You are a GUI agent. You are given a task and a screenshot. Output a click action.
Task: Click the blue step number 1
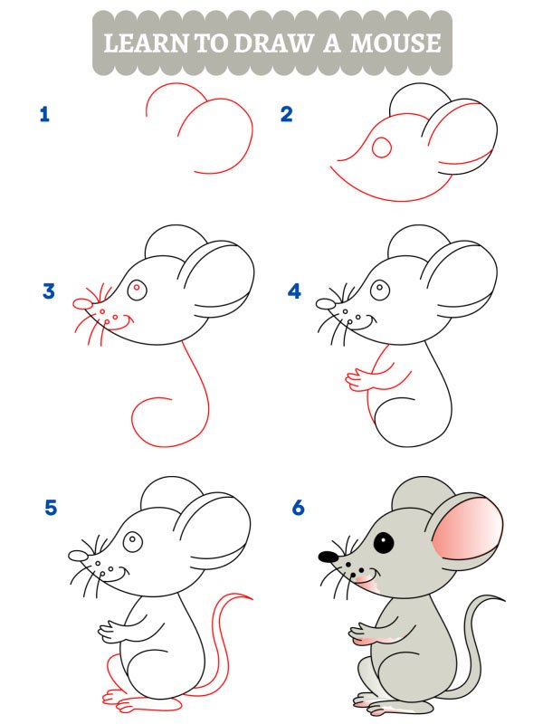pos(43,114)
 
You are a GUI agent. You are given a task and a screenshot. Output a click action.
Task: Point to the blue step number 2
pos(287,114)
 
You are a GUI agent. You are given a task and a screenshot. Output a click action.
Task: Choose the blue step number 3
pos(49,291)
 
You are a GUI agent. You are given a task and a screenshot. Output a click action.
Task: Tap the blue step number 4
pos(293,291)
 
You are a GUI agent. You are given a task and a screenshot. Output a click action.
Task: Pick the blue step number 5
pos(51,508)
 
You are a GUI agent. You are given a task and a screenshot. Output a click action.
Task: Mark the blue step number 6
pos(298,508)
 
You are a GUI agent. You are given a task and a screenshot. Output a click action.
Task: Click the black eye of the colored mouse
pos(384,543)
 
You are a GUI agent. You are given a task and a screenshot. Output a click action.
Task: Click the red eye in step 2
pos(384,146)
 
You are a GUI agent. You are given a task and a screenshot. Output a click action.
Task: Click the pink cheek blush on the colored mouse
pos(364,577)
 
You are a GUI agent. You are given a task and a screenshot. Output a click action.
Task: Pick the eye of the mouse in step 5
pos(134,541)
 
